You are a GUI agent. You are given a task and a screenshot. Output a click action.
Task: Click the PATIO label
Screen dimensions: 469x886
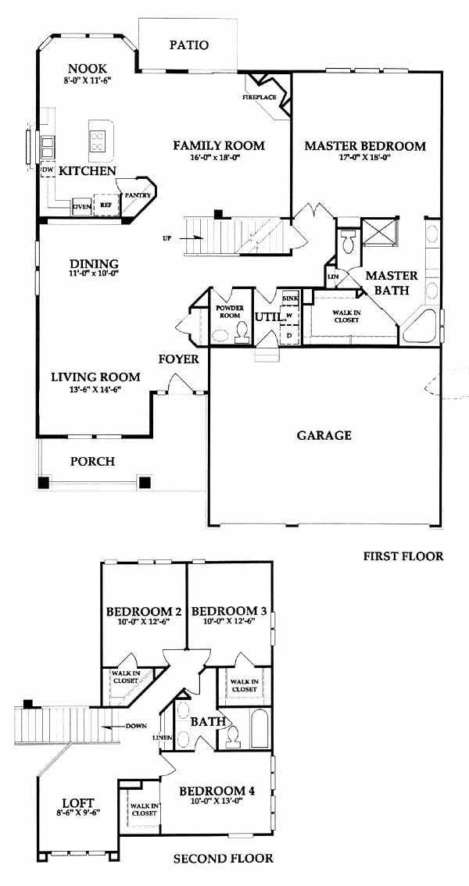pos(189,45)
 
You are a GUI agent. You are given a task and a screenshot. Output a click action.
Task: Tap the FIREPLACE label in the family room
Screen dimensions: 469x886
pos(260,97)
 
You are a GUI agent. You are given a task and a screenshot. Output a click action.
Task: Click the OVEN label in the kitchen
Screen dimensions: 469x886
pos(82,207)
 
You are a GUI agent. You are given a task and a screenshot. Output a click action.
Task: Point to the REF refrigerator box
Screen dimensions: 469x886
pos(106,205)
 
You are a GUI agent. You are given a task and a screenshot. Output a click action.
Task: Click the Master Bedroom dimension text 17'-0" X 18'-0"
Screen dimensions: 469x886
pos(364,158)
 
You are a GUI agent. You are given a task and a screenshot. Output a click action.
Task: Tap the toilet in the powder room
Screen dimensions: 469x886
pos(242,333)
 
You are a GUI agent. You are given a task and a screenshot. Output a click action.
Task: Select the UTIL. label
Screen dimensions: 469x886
pos(269,317)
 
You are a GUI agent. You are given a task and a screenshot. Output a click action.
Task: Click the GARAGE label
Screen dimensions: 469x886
pos(324,435)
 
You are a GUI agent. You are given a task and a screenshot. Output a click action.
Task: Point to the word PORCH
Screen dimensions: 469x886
pos(93,462)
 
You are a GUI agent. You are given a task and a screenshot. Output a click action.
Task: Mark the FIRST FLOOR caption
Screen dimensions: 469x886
pos(403,556)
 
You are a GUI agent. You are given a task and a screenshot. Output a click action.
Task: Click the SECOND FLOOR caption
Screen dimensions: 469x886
pos(224,859)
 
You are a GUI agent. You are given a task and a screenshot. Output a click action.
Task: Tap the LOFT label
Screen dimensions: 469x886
pos(78,802)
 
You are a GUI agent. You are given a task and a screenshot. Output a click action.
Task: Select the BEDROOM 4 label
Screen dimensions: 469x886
pos(217,791)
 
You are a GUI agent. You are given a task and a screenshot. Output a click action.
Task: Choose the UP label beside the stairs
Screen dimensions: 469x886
pos(166,238)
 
